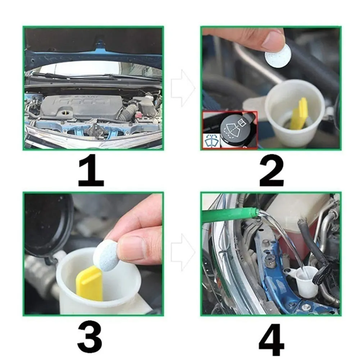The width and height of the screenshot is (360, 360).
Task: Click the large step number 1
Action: click(91, 170)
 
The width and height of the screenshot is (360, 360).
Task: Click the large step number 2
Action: click(272, 170)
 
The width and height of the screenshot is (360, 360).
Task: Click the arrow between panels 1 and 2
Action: click(183, 88)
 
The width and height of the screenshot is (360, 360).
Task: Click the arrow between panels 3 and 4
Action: click(183, 252)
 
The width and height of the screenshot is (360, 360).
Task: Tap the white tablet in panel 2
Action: click(278, 56)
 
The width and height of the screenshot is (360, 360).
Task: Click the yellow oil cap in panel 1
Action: click(66, 113)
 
